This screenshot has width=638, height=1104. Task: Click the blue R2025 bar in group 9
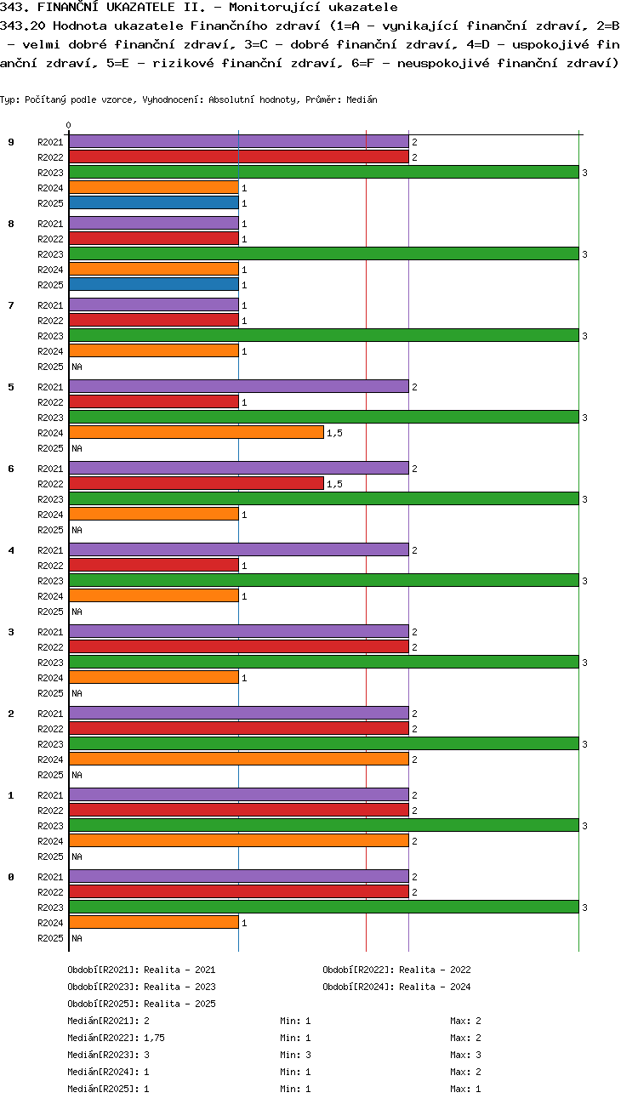click(x=153, y=203)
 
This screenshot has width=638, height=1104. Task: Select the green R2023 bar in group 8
click(x=323, y=254)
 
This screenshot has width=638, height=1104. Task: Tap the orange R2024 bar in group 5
click(x=196, y=433)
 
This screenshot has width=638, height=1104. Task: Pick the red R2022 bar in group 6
click(x=196, y=484)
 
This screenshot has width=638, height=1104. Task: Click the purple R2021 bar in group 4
click(x=238, y=550)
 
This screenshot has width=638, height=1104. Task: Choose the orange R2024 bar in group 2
click(x=238, y=760)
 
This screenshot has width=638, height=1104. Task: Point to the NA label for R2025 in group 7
click(x=77, y=367)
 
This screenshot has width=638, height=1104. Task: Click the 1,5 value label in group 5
click(x=334, y=433)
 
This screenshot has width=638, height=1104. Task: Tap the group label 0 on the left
click(x=11, y=877)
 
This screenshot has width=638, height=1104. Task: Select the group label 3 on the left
click(x=11, y=632)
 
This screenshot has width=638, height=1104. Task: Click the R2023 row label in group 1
click(x=50, y=826)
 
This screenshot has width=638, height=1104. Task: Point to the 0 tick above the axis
click(x=69, y=125)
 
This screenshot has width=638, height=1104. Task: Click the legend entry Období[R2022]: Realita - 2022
click(x=396, y=970)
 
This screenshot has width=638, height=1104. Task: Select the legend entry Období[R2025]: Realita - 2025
click(x=141, y=1004)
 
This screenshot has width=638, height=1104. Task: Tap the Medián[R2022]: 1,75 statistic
click(x=115, y=1038)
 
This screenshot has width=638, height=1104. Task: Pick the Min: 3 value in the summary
click(x=295, y=1055)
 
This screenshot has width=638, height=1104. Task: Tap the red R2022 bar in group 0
click(x=238, y=892)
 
